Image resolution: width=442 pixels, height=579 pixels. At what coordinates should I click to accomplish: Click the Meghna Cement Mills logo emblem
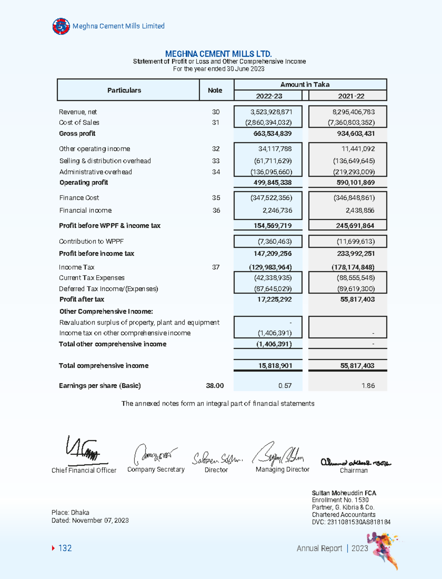[x=61, y=26]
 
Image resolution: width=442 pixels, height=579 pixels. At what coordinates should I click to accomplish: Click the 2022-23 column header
[x=269, y=96]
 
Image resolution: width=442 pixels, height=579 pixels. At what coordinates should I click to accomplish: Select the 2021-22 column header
[x=351, y=96]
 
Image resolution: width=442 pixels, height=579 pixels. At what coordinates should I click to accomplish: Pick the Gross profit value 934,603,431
[x=356, y=133]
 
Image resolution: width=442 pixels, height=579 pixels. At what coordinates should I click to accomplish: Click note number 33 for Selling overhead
[x=216, y=161]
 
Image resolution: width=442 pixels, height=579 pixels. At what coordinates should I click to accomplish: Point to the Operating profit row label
[x=84, y=182]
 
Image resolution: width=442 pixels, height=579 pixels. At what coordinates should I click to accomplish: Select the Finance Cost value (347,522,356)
[x=271, y=198]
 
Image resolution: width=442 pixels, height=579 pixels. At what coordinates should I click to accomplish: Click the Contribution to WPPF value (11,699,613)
[x=355, y=241]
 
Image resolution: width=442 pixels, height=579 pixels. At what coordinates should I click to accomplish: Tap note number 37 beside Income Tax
[x=216, y=267]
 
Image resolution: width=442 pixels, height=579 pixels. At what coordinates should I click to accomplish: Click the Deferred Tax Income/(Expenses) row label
[x=109, y=289]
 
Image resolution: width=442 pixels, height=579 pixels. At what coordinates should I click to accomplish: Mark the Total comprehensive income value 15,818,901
[x=275, y=366]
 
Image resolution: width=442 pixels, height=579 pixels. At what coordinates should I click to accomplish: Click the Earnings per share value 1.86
[x=368, y=386]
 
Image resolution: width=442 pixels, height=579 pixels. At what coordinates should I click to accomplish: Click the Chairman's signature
[x=355, y=462]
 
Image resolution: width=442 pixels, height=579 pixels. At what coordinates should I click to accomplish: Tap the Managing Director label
[x=283, y=470]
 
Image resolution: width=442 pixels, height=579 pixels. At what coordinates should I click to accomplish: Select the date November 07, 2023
[x=100, y=520]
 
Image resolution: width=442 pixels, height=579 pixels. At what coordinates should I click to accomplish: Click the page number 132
[x=65, y=548]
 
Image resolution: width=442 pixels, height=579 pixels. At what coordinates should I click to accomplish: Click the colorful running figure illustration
[x=385, y=549]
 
